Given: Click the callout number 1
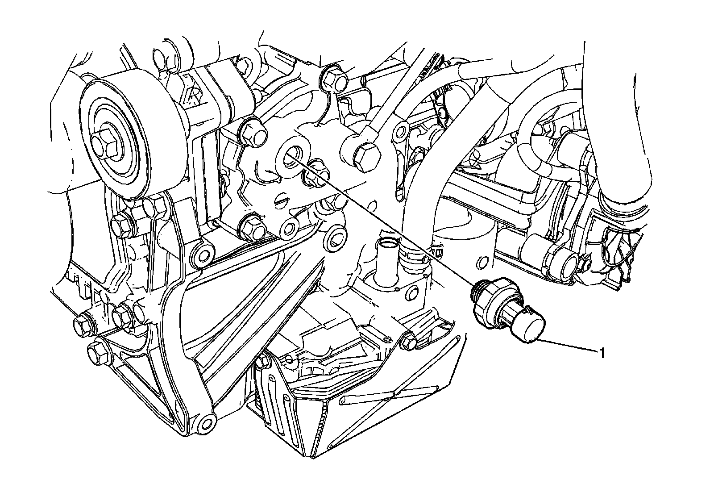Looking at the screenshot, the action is (x=602, y=354).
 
